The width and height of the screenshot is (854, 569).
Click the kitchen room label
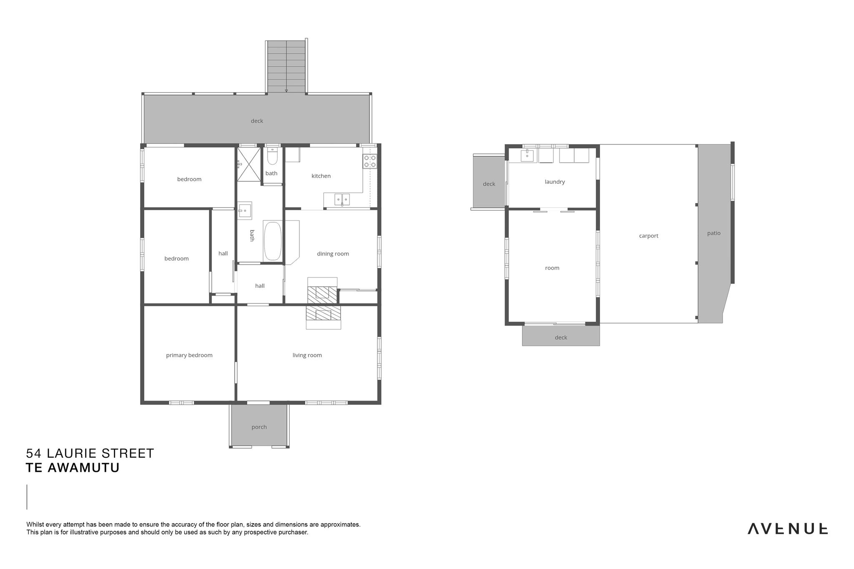pyautogui.click(x=321, y=176)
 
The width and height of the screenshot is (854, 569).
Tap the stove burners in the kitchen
pyautogui.click(x=370, y=161)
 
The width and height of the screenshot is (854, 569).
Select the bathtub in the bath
pyautogui.click(x=273, y=241)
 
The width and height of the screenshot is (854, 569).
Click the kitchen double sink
pyautogui.click(x=342, y=200)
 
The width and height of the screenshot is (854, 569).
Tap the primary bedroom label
pyautogui.click(x=189, y=355)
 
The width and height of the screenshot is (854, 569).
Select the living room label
pyautogui.click(x=307, y=355)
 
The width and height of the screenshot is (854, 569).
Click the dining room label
pyautogui.click(x=333, y=253)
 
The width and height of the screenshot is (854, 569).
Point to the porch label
pyautogui.click(x=259, y=427)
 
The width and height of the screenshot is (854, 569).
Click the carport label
pyautogui.click(x=649, y=236)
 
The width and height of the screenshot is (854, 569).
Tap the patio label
pyautogui.click(x=714, y=233)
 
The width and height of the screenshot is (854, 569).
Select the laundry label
pyautogui.click(x=555, y=182)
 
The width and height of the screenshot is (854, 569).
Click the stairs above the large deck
pyautogui.click(x=286, y=67)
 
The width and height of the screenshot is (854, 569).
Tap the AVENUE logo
pyautogui.click(x=787, y=529)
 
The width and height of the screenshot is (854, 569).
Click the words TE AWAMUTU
pyautogui.click(x=73, y=468)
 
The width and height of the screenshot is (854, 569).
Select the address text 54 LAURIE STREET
pyautogui.click(x=90, y=453)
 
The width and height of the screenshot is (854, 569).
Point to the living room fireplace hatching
pyautogui.click(x=323, y=313)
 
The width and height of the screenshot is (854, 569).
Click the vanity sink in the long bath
pyautogui.click(x=245, y=211)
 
